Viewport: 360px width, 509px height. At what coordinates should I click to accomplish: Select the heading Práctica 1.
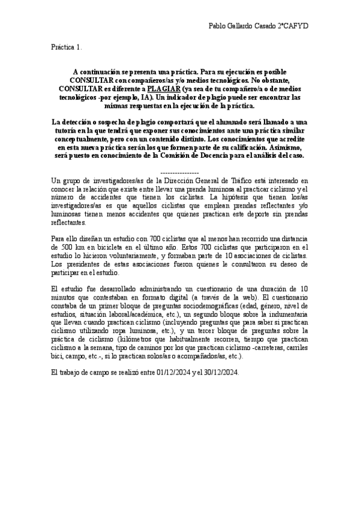(x=67, y=46)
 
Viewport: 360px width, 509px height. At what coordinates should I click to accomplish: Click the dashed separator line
(x=181, y=172)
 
